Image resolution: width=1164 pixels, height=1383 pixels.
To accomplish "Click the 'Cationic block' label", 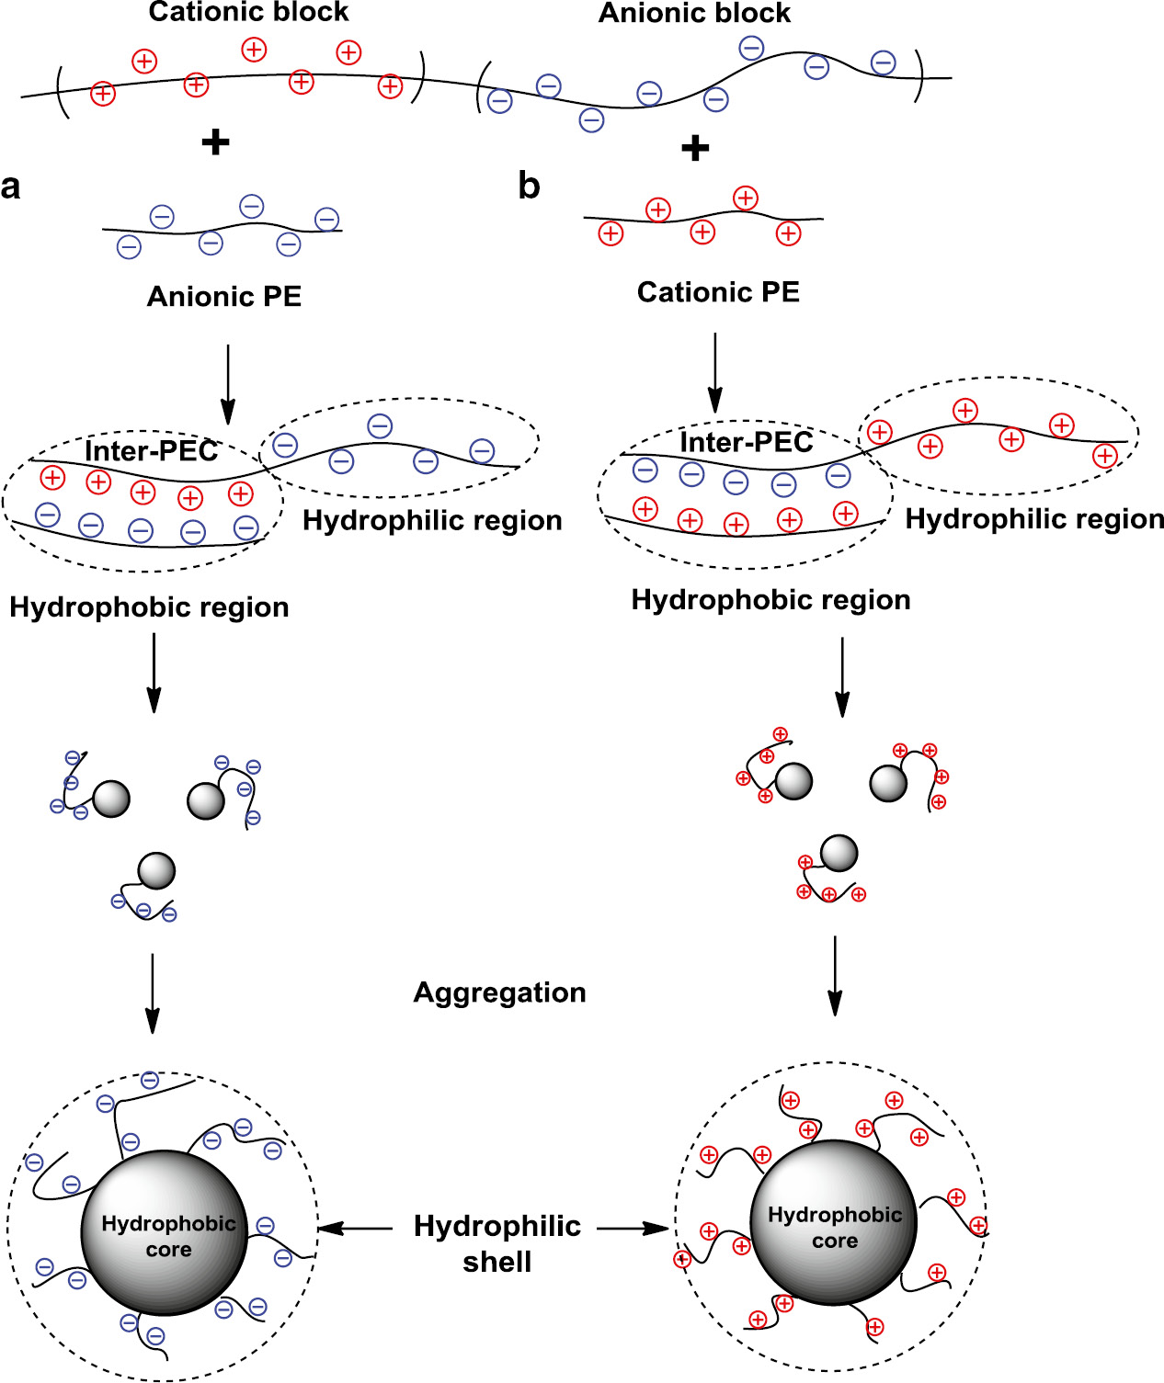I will [248, 12].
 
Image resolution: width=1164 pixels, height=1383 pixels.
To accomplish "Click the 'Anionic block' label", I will [694, 13].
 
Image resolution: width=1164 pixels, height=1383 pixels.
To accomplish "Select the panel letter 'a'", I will [11, 187].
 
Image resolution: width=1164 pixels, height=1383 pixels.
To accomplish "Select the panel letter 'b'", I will [529, 186].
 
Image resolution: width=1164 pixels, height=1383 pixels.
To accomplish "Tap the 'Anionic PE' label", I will [224, 297].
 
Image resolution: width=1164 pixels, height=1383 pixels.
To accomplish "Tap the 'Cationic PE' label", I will [718, 292].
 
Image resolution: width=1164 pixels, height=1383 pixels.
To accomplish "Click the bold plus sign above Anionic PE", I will [215, 142].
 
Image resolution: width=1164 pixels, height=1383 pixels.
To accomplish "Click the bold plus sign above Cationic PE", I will [695, 147].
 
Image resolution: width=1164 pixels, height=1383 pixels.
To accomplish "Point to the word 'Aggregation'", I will [499, 992].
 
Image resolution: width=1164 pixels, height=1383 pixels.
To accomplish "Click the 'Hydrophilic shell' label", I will [497, 1243].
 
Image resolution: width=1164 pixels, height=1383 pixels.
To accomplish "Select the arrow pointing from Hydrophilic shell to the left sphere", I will [355, 1228].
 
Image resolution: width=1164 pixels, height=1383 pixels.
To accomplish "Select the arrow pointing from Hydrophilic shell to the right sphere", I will [633, 1228].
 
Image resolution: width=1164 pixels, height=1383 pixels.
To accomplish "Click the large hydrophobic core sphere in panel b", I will [834, 1223].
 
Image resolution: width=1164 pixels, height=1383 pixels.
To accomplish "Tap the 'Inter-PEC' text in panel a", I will [151, 451].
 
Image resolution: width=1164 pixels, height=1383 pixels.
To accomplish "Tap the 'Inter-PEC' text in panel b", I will [746, 442].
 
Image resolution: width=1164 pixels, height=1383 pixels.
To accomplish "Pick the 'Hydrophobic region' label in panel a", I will [149, 607].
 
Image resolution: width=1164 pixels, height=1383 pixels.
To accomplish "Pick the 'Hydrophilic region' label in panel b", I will [1034, 519].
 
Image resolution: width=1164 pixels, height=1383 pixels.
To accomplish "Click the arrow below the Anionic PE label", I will [228, 384].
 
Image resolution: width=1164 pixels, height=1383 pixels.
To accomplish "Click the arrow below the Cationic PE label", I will [714, 373].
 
